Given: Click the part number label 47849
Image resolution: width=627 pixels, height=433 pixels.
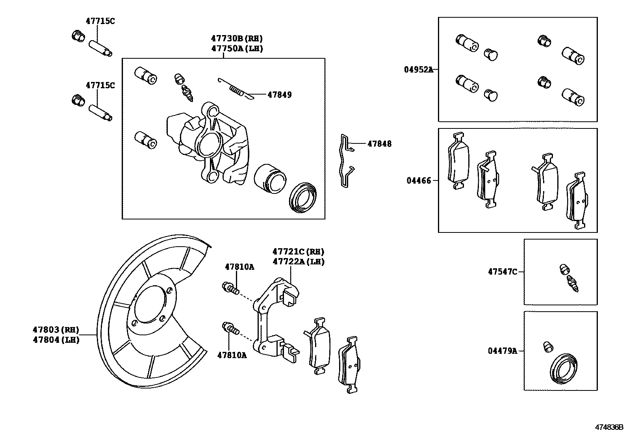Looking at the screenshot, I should [x=279, y=95].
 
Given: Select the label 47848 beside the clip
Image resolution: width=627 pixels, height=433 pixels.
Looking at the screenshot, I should [x=379, y=144].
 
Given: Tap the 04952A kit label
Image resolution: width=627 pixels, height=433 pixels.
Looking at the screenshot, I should [x=418, y=70].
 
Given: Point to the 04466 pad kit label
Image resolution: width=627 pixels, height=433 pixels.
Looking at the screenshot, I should [x=419, y=181].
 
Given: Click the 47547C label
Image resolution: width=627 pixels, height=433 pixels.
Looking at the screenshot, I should [x=502, y=272].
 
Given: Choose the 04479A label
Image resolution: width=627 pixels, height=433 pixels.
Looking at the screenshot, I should [x=502, y=351].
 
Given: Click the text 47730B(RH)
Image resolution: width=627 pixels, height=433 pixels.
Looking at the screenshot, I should [x=236, y=39].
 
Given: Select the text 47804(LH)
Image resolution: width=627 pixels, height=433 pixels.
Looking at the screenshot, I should [x=56, y=340].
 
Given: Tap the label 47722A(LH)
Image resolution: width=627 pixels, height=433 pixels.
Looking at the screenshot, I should [x=298, y=262].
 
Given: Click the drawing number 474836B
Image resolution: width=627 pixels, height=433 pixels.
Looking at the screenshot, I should [x=609, y=427].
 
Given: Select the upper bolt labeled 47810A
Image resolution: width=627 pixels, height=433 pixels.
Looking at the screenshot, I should [x=230, y=288].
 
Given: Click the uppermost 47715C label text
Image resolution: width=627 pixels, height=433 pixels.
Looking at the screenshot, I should [x=100, y=21].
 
